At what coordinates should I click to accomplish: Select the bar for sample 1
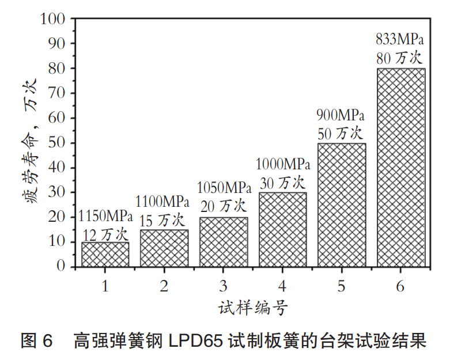[105, 254]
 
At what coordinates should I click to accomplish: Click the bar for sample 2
[164, 248]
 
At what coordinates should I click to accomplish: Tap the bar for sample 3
[224, 241]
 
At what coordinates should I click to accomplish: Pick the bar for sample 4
[282, 229]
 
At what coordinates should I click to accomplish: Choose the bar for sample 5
[342, 204]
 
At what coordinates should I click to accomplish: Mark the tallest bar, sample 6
[401, 167]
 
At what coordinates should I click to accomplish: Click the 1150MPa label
[105, 217]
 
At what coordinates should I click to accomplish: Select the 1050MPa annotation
[224, 188]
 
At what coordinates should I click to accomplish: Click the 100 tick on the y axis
[55, 18]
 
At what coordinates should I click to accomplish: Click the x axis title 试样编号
[253, 307]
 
